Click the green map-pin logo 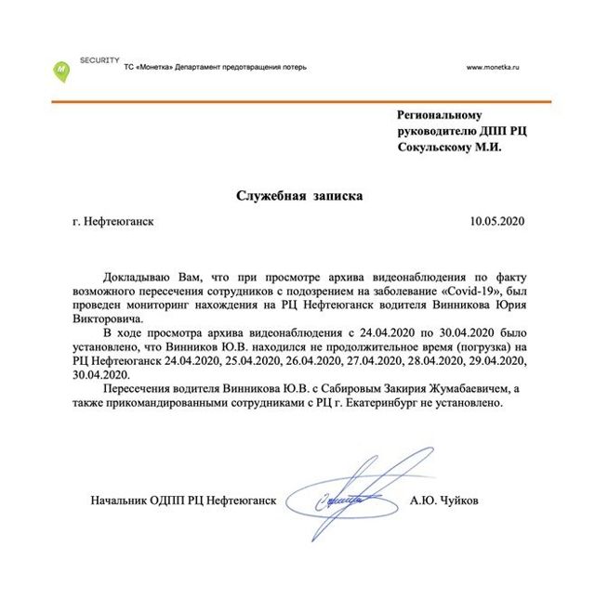coord(60,70)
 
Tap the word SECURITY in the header coord(98,58)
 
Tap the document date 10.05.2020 coord(497,222)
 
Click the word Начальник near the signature coord(124,501)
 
